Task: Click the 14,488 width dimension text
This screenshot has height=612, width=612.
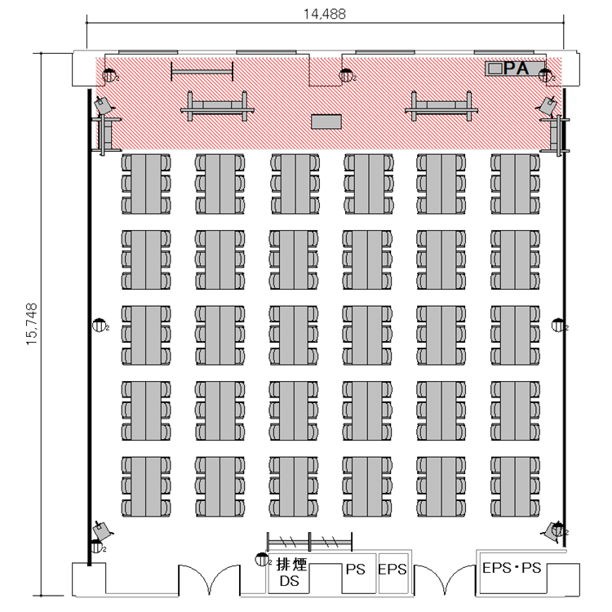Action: coord(325,14)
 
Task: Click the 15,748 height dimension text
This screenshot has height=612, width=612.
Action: coord(32,324)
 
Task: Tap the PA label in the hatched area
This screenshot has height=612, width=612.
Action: coord(516,69)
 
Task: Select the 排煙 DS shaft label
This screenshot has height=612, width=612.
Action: coord(290,572)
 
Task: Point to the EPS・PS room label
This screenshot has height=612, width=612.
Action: coord(512,567)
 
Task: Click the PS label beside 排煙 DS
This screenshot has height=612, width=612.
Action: coord(355,569)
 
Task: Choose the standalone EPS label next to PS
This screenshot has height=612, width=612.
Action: coord(392,569)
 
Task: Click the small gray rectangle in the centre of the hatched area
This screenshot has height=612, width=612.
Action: coord(326,122)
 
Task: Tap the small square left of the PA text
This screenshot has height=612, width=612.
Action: coord(495,69)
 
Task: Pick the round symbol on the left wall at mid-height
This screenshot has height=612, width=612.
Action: coord(99,325)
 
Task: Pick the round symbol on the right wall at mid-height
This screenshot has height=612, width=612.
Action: coord(558,325)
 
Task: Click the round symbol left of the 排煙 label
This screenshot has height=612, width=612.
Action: coord(261,559)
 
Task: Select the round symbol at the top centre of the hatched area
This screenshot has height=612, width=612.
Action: coord(346,75)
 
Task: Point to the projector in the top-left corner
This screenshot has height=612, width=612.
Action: coord(103,104)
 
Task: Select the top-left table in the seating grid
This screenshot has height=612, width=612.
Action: coord(146,184)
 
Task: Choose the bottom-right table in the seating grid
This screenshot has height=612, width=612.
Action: coord(515,486)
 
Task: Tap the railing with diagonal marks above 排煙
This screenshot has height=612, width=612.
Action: coord(309,542)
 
